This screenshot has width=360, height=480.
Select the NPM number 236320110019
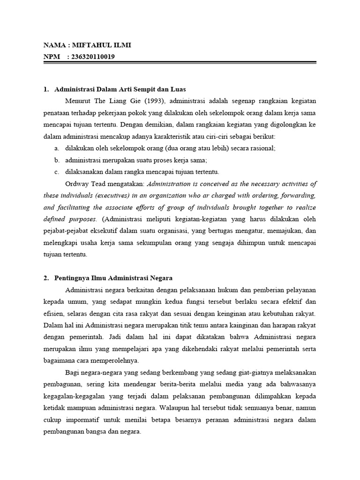[91, 57]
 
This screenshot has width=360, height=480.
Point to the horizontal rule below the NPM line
[180, 63]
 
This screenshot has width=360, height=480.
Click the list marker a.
[56, 148]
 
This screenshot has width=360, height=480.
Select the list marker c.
[56, 172]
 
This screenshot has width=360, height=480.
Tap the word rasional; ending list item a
[261, 148]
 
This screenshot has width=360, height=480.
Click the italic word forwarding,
[297, 195]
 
